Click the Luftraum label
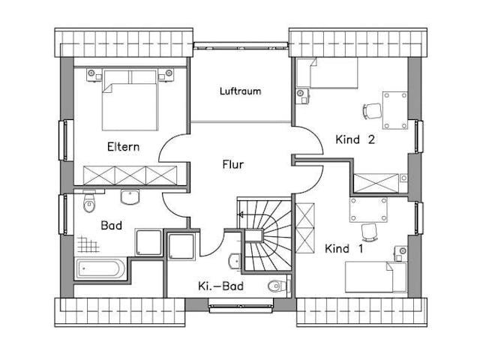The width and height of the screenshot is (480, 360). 240,91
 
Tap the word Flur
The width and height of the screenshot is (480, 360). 233,164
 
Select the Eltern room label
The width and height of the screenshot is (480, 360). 123,147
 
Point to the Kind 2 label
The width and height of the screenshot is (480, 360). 355,139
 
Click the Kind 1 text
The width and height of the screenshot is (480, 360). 343,248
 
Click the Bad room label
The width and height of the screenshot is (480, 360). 111,225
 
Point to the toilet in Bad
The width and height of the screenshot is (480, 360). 89,202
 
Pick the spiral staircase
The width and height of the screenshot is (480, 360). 264,236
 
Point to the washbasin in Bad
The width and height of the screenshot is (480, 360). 130,197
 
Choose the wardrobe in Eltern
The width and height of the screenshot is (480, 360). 130,175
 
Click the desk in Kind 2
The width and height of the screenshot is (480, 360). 394,110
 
